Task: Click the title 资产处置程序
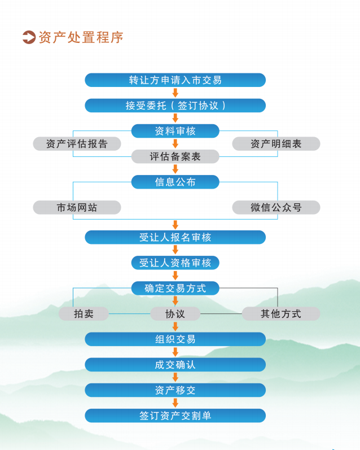[x=81, y=38]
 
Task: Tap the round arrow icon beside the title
[x=29, y=37]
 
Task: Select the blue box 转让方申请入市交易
[x=175, y=80]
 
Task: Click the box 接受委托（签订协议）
[x=175, y=106]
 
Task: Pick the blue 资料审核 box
[x=175, y=131]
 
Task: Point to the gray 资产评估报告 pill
[x=77, y=144]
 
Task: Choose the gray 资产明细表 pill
[x=276, y=144]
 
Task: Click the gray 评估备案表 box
[x=175, y=156]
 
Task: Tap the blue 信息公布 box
[x=175, y=182]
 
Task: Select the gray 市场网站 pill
[x=77, y=207]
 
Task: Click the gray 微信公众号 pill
[x=276, y=207]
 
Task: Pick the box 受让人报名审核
[x=175, y=237]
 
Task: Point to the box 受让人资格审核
[x=175, y=263]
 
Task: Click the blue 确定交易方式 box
[x=175, y=288]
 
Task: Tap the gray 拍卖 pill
[x=84, y=314]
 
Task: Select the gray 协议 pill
[x=175, y=314]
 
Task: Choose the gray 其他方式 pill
[x=281, y=314]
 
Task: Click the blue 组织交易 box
[x=175, y=339]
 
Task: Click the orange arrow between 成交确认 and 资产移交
[x=175, y=377]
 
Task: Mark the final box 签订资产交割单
[x=175, y=416]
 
